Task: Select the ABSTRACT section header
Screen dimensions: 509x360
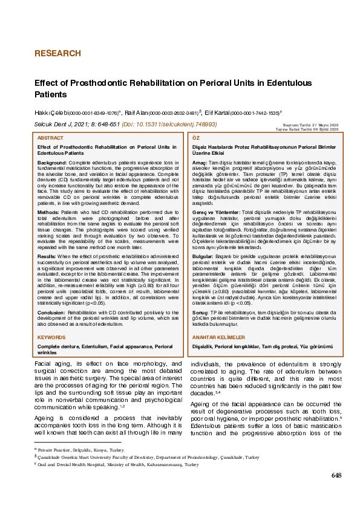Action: point(50,138)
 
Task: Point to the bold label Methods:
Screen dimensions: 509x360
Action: point(48,213)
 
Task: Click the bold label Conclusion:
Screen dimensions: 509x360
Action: point(53,313)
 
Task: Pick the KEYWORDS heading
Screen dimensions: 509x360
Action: point(51,337)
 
